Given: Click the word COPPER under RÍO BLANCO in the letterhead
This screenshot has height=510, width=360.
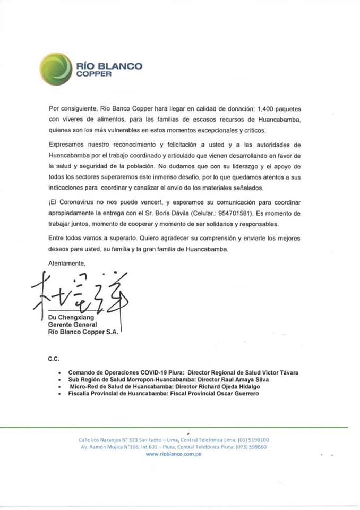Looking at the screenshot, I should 94,74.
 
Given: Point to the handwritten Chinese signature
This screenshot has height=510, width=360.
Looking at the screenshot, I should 80,292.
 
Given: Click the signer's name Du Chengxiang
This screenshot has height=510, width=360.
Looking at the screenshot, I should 71,317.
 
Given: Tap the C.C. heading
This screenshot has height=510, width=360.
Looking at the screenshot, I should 54,359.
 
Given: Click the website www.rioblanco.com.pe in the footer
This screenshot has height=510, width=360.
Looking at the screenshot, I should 173,454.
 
